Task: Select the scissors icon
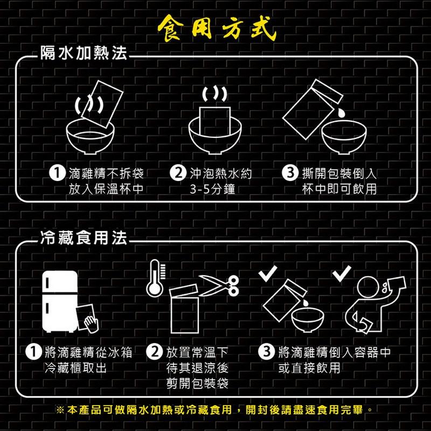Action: coord(220,284)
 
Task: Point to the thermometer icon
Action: coord(155,278)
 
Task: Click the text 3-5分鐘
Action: coord(215,189)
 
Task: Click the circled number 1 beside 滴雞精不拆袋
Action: coord(55,174)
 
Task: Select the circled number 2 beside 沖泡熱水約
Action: coord(176,174)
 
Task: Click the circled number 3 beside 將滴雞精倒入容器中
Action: coord(266,353)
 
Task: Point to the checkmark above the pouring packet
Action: coord(267,274)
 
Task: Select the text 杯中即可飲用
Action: coord(339,189)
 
